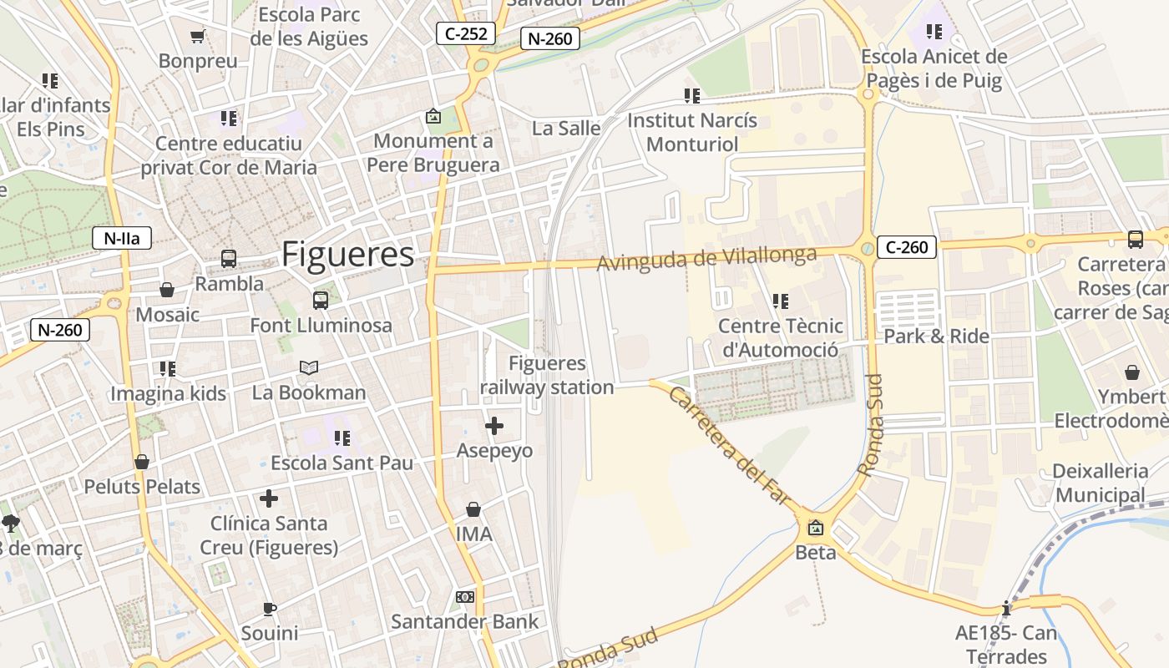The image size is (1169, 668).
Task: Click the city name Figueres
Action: (347, 255)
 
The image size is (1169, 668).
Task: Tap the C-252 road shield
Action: (466, 34)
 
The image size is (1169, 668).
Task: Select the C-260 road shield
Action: (907, 247)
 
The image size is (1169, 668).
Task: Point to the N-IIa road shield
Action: (122, 238)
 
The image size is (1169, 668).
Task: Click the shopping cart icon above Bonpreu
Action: (198, 36)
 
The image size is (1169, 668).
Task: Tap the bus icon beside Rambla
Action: (229, 259)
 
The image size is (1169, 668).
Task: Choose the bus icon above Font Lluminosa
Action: (321, 301)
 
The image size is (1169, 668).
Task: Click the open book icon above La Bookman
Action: (309, 367)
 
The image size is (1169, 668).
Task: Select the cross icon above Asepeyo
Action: (494, 427)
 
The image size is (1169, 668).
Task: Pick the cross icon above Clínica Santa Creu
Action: (269, 498)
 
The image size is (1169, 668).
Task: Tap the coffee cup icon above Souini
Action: (269, 608)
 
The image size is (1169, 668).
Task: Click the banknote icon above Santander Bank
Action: (465, 597)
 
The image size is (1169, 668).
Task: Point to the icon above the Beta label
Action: (815, 528)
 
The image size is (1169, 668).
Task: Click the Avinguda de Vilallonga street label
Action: (706, 258)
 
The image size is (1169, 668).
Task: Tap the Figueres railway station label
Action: (547, 376)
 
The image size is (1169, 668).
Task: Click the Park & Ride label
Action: (936, 337)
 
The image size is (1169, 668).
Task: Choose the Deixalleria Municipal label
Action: (1100, 483)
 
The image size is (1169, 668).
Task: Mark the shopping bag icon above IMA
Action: (473, 509)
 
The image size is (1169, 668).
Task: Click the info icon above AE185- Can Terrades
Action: (1006, 608)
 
